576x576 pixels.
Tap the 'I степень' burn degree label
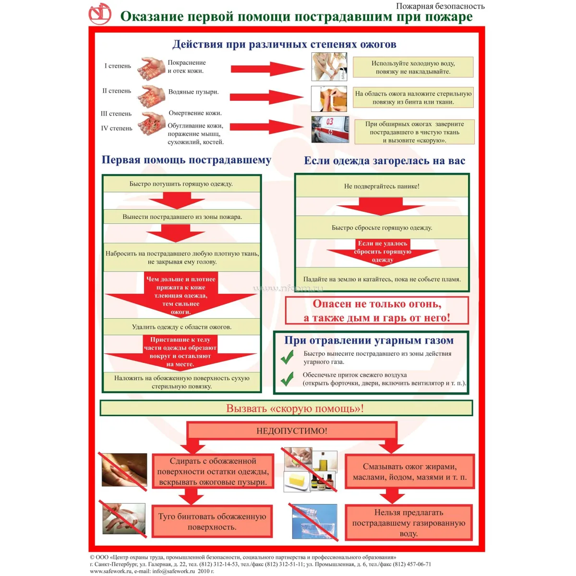click(118, 66)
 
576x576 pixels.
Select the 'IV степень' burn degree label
click(116, 128)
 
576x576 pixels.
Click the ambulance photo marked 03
click(330, 129)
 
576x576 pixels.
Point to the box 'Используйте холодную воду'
click(413, 67)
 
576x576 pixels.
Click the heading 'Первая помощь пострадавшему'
click(186, 160)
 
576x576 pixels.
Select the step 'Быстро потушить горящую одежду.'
click(181, 184)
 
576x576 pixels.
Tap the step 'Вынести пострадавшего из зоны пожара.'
click(182, 216)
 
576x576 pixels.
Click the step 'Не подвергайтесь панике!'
click(382, 186)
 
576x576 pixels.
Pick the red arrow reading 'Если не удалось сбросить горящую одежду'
click(383, 252)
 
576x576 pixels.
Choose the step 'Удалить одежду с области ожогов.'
click(181, 327)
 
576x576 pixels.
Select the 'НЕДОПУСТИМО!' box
click(292, 431)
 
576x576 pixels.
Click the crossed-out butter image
click(297, 481)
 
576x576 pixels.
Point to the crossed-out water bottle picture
click(314, 522)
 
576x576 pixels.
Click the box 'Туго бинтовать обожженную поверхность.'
click(212, 521)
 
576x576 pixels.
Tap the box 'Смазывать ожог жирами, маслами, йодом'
click(409, 472)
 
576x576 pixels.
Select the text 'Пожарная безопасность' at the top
click(440, 6)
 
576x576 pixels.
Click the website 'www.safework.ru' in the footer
click(111, 571)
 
